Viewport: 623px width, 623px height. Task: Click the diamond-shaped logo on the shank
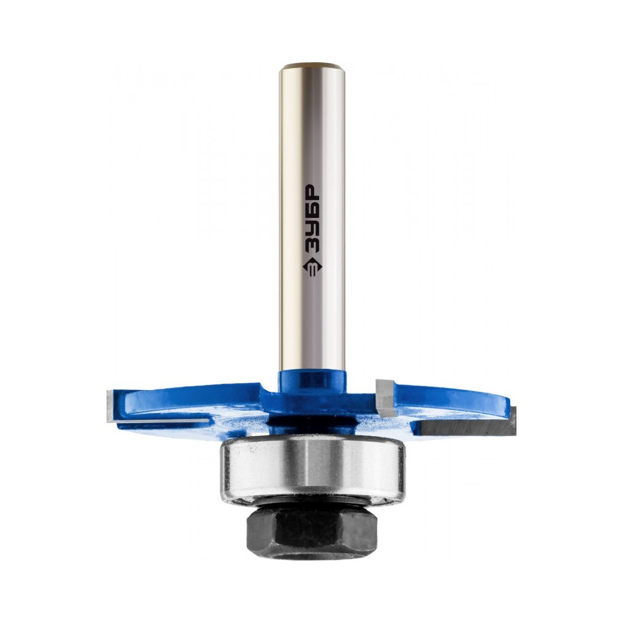pos(312,269)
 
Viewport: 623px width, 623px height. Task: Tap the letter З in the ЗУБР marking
pos(312,249)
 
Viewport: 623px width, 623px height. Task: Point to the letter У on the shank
pos(312,231)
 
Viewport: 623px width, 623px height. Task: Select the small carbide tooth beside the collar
pos(384,396)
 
